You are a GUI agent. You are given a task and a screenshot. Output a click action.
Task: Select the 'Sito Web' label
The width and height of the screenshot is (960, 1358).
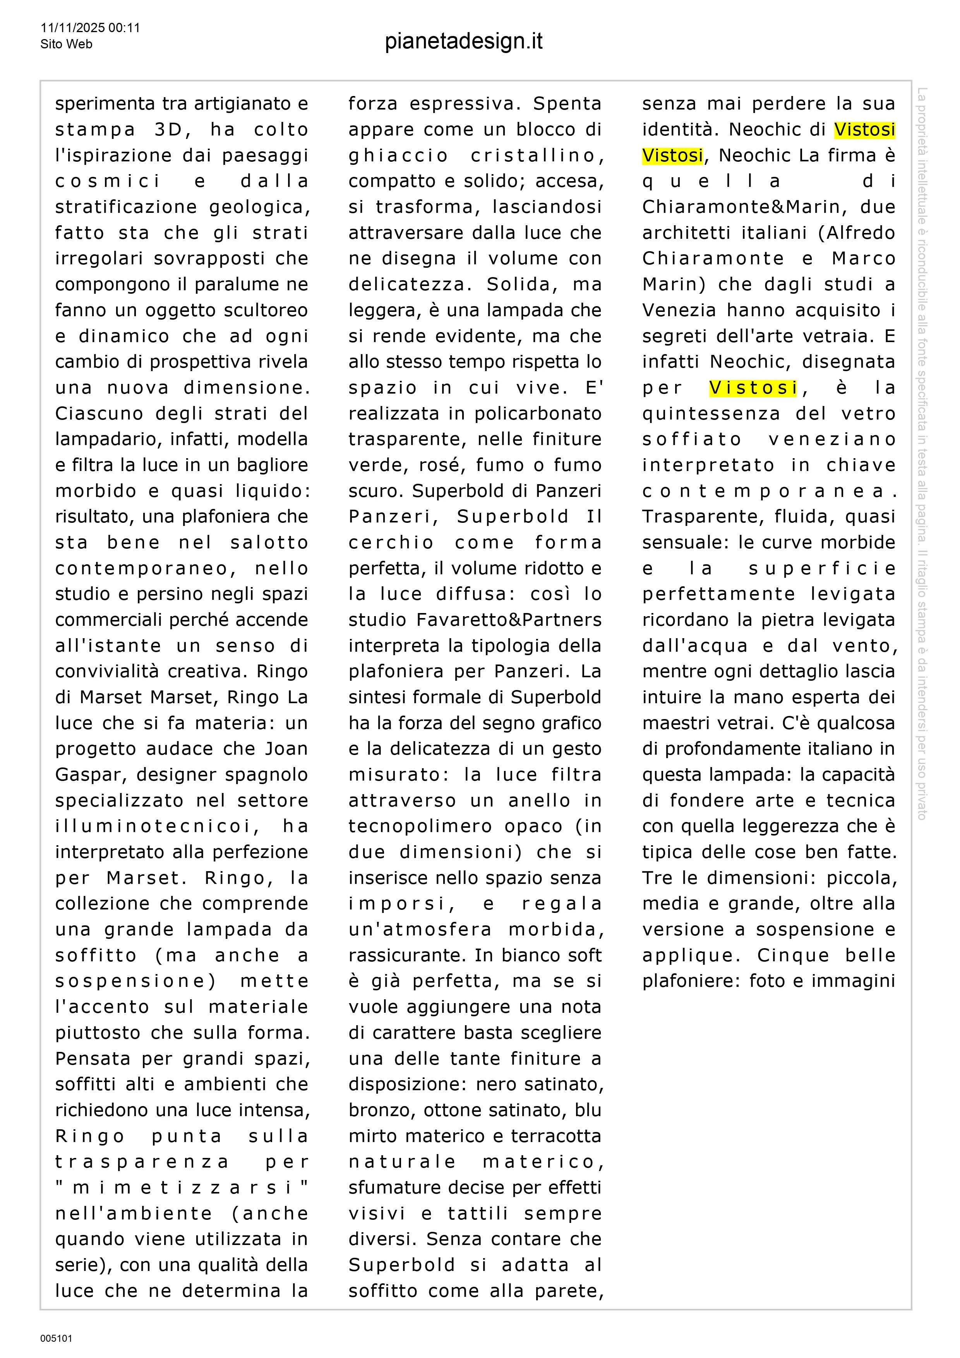tap(66, 44)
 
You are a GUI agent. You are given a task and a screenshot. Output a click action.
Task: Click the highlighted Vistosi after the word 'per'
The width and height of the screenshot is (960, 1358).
tap(753, 387)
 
